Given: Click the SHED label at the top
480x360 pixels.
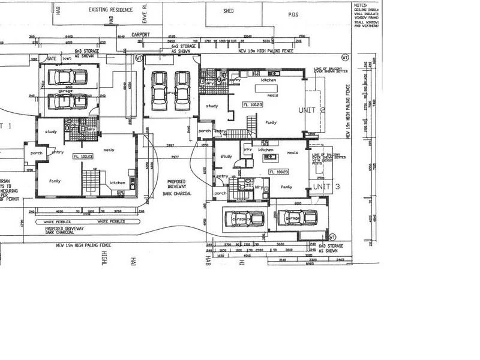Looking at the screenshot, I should click(x=228, y=11).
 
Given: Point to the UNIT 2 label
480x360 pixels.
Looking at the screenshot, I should click(x=311, y=110).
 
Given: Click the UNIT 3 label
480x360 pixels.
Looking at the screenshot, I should click(x=326, y=187).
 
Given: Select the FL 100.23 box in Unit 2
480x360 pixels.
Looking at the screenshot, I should click(x=253, y=105).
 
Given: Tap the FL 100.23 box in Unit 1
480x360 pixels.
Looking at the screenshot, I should click(x=83, y=157).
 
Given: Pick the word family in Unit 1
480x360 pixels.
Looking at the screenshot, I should click(x=55, y=181).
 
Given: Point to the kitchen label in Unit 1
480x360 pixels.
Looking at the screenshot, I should click(x=117, y=183).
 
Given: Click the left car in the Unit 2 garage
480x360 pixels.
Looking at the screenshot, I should click(x=158, y=91).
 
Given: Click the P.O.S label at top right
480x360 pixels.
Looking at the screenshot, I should click(x=293, y=14).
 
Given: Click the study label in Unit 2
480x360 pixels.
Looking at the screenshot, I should click(x=211, y=106).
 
